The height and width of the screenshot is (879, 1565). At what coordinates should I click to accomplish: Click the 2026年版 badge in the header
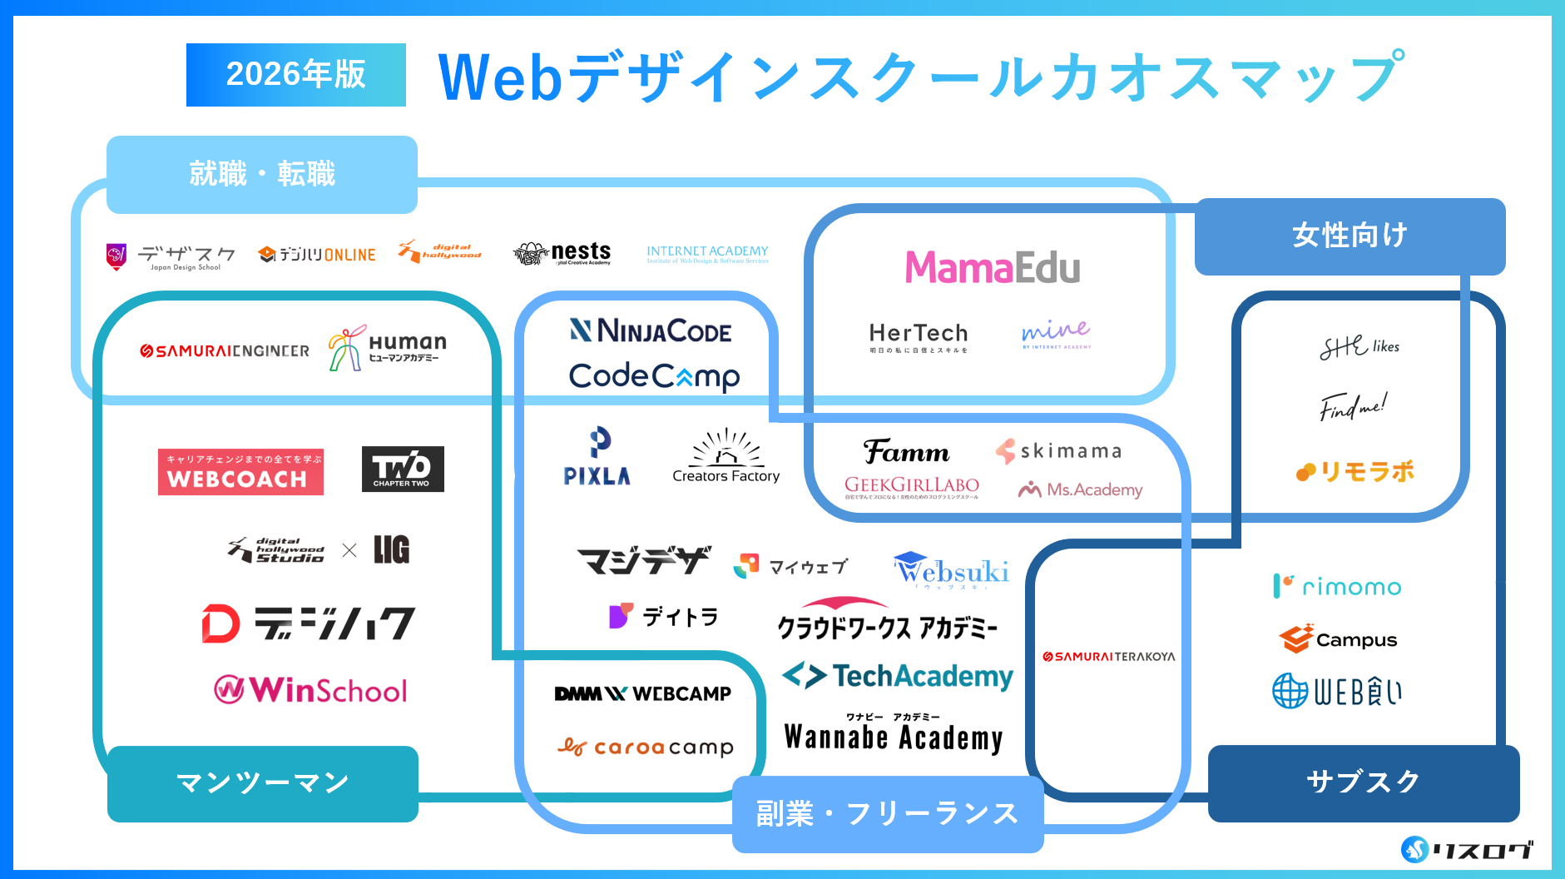(x=295, y=75)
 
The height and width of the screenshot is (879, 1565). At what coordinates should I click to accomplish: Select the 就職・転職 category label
(x=262, y=174)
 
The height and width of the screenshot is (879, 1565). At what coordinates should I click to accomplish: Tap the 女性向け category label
(x=1350, y=236)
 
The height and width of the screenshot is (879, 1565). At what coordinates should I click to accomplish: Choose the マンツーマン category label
(x=262, y=783)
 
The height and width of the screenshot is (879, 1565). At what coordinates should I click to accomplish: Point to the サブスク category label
(x=1363, y=782)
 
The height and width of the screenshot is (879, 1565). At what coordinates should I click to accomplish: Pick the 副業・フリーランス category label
(x=887, y=813)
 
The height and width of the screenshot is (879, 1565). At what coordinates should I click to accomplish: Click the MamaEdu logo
(x=993, y=268)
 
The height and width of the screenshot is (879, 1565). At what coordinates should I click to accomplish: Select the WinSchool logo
(x=311, y=690)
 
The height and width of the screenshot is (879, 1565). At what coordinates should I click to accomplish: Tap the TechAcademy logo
(x=899, y=676)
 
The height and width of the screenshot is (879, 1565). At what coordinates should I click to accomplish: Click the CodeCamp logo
(x=654, y=376)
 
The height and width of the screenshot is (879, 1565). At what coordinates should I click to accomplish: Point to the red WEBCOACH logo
(x=240, y=472)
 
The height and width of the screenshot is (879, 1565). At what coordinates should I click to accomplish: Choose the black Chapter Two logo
(x=403, y=469)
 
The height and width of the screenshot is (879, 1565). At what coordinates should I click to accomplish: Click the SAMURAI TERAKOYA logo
(x=1109, y=657)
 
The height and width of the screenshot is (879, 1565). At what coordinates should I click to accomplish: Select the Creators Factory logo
(x=726, y=457)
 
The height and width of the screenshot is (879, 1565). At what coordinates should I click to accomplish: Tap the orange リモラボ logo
(x=1355, y=472)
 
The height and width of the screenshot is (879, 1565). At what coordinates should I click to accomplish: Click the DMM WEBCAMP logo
(x=642, y=693)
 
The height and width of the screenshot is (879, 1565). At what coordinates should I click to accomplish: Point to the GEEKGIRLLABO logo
(x=911, y=486)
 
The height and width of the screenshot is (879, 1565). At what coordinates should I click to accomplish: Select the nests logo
(x=562, y=253)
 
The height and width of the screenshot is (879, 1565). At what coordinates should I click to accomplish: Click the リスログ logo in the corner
(x=1466, y=850)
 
